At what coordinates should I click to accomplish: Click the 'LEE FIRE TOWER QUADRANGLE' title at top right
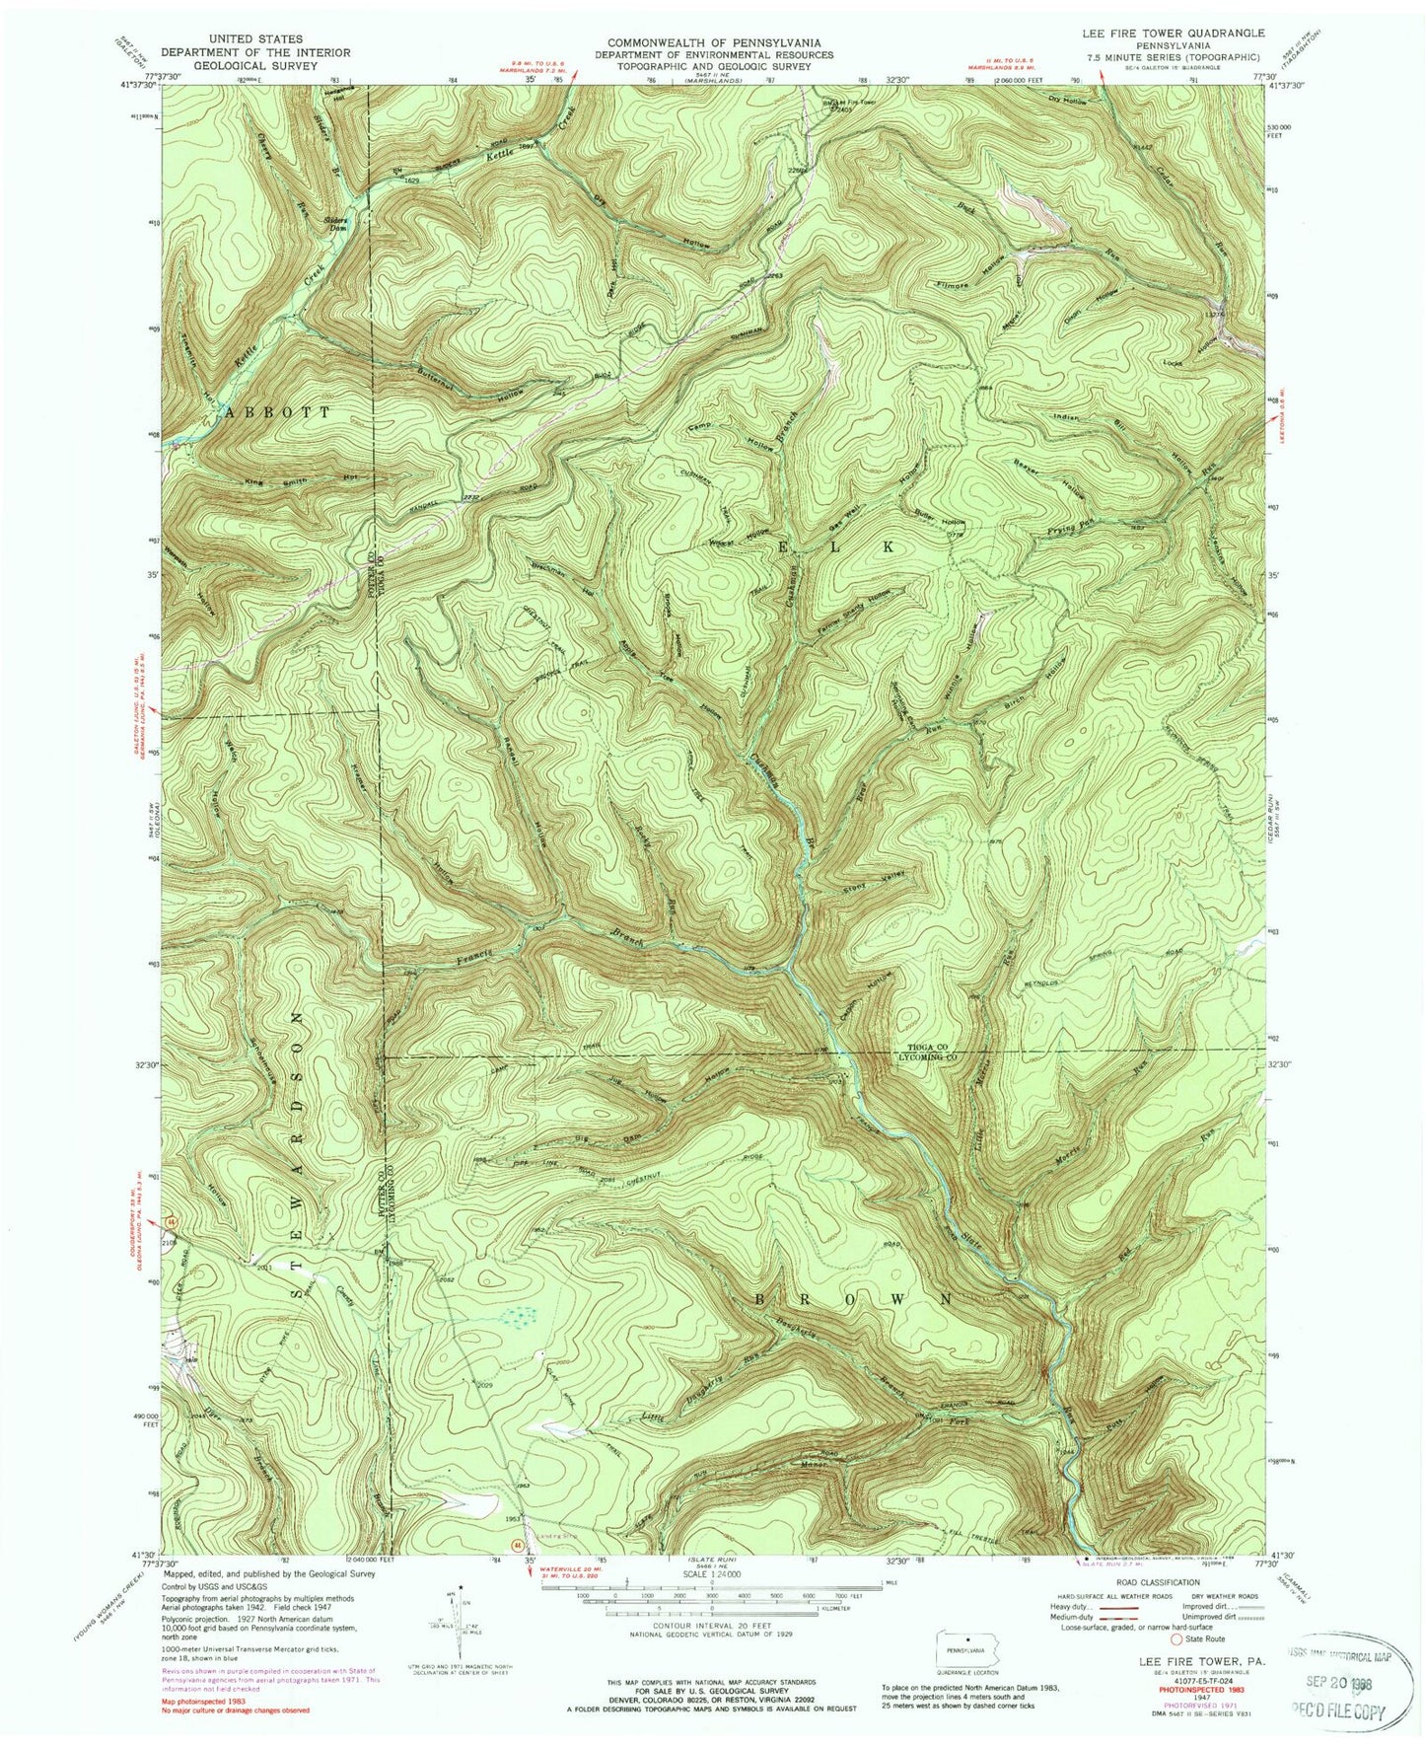coord(1173,34)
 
